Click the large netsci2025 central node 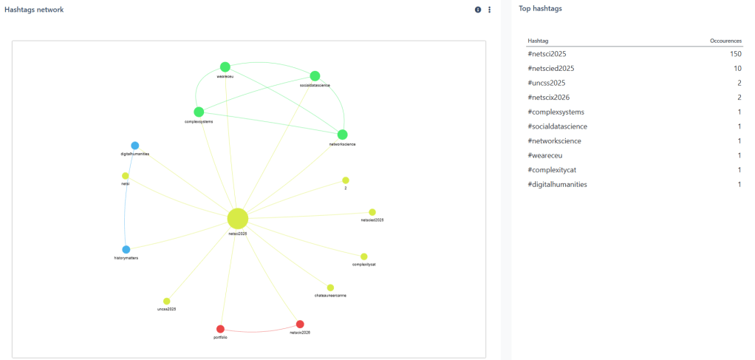click(237, 219)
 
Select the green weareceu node click(225, 67)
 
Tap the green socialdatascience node click(315, 76)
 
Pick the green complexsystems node click(199, 112)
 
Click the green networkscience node click(342, 135)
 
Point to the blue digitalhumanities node click(135, 146)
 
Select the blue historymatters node click(126, 250)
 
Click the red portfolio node click(220, 329)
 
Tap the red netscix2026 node click(300, 325)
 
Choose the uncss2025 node click(167, 301)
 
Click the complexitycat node click(364, 257)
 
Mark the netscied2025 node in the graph click(372, 212)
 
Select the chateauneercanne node click(330, 288)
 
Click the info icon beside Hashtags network click(478, 10)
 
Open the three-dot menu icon click(489, 10)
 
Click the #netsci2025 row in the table click(547, 54)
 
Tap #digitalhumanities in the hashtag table click(557, 184)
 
